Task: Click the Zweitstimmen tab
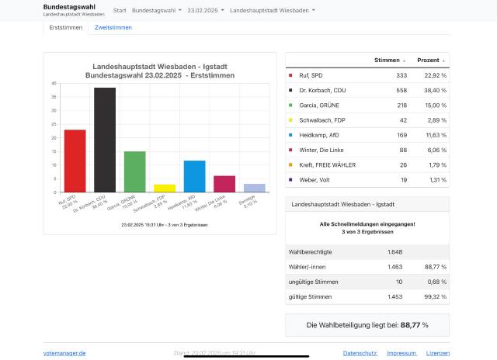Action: (x=113, y=27)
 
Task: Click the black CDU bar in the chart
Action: (x=105, y=140)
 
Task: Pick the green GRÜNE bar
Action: (x=134, y=171)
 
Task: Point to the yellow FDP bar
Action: (x=165, y=188)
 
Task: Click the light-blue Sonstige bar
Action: (x=254, y=188)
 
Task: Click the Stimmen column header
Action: (x=389, y=60)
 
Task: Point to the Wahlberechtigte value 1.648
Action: (x=395, y=252)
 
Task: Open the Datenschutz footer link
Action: (x=360, y=353)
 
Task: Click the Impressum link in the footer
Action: (x=401, y=353)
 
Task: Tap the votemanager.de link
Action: (x=64, y=353)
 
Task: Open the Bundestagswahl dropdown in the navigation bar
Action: (x=157, y=11)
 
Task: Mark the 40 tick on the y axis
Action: (x=54, y=84)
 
